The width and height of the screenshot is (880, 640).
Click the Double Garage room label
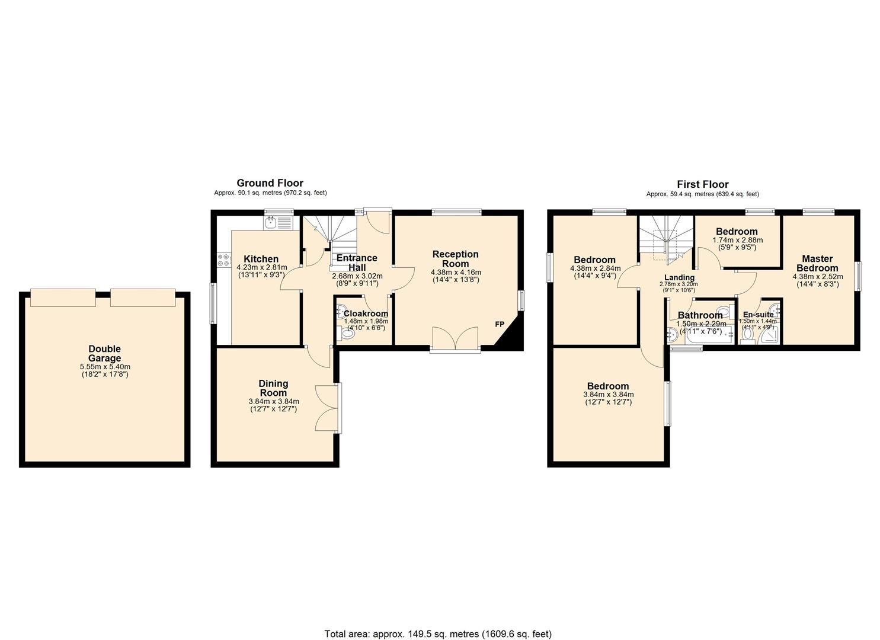104,353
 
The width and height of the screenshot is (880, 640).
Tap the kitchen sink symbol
271,223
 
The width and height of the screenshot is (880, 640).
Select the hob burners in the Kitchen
224,260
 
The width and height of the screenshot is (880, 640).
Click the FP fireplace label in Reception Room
500,324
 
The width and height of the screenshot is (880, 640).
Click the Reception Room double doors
455,339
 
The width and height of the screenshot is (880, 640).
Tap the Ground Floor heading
270,183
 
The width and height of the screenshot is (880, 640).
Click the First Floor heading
702,184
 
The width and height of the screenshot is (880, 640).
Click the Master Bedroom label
817,263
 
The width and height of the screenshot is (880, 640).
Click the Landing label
679,277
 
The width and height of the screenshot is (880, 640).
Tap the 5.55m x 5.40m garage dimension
105,366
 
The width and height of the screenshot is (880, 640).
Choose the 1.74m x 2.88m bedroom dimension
737,240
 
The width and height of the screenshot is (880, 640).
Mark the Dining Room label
273,388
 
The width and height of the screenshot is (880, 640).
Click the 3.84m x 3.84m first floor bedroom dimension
609,394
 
